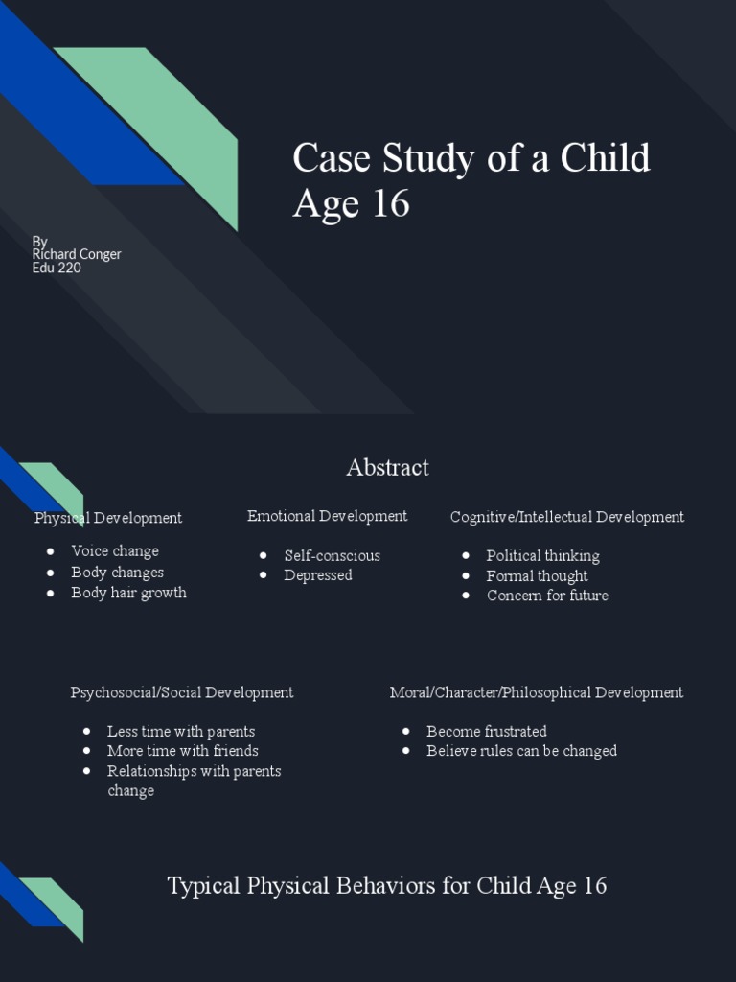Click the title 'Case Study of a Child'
click(x=471, y=158)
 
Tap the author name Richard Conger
click(x=77, y=254)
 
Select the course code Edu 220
click(x=57, y=268)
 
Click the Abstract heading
click(x=387, y=468)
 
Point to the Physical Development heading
click(x=108, y=518)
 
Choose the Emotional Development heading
click(x=327, y=516)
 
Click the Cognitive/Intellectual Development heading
click(x=567, y=517)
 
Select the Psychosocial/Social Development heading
click(x=182, y=692)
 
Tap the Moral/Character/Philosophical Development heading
click(x=537, y=692)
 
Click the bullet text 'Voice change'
click(x=115, y=551)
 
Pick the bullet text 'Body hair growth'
click(x=128, y=593)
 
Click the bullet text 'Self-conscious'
click(x=332, y=555)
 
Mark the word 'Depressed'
click(x=318, y=575)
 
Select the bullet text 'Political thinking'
click(x=542, y=556)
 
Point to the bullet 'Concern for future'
click(x=547, y=596)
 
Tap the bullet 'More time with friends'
click(x=182, y=751)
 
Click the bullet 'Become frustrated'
click(x=487, y=731)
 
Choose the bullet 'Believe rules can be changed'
click(x=521, y=751)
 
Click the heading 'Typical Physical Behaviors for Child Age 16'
click(x=387, y=885)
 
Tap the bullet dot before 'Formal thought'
click(x=466, y=576)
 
